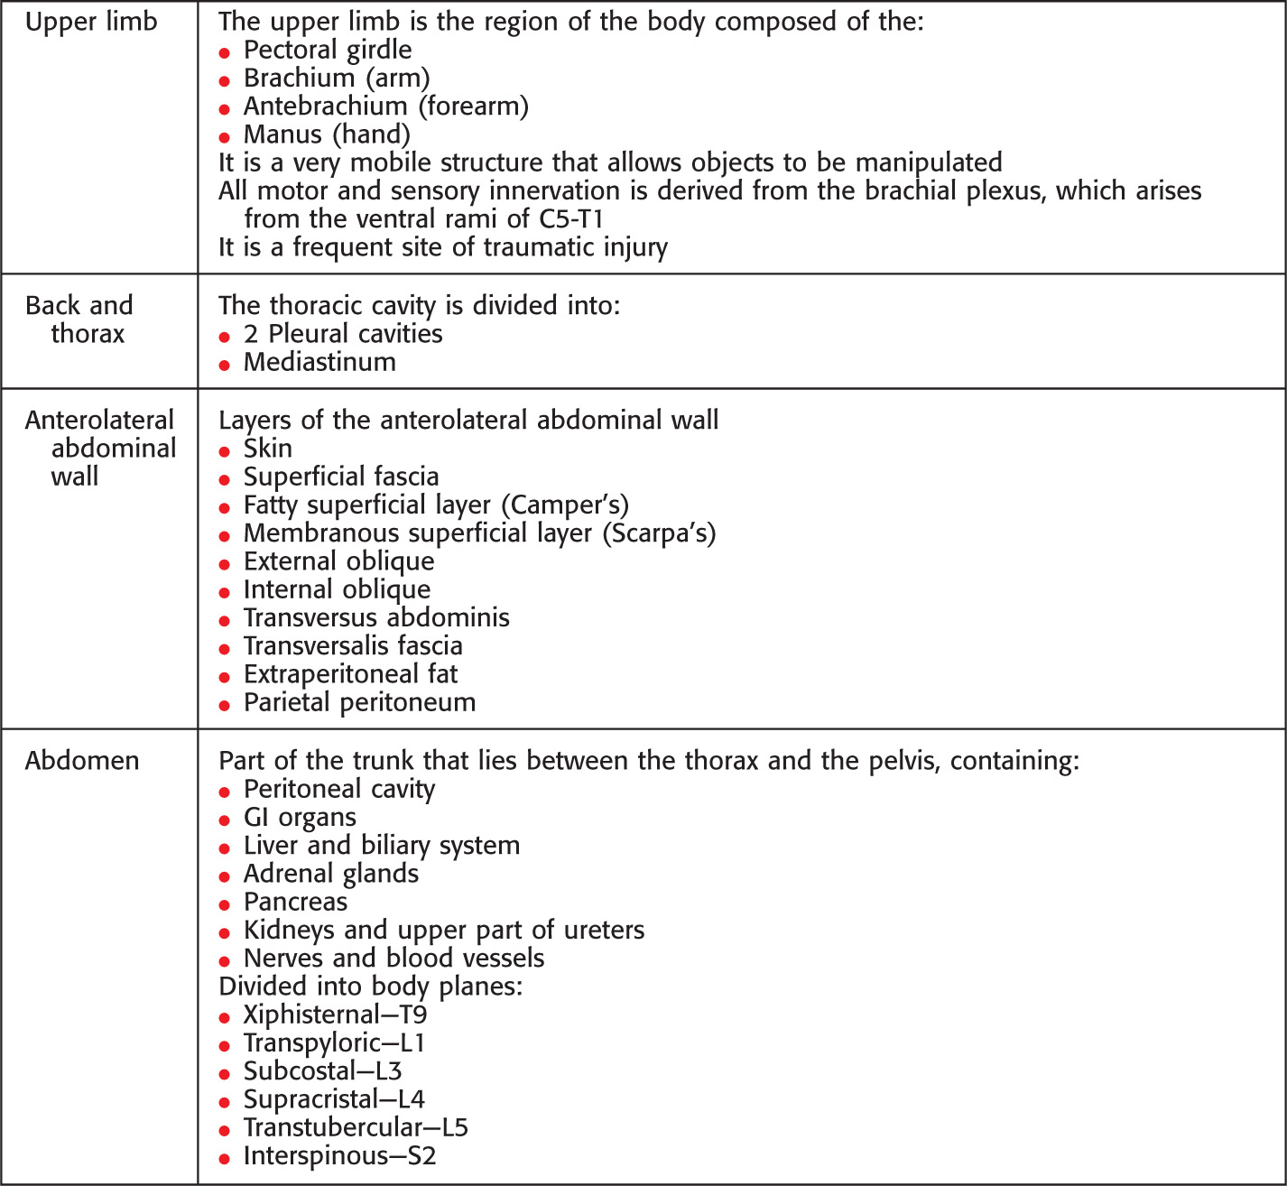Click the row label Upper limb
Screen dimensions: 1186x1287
point(91,23)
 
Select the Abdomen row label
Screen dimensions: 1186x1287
point(82,761)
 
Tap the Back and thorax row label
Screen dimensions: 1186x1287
point(79,320)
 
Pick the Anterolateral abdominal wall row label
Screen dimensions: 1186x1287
point(100,448)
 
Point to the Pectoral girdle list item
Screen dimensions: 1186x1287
point(328,51)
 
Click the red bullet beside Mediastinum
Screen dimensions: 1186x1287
point(225,365)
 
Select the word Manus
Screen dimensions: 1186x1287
point(282,135)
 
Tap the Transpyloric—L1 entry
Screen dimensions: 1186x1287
point(334,1043)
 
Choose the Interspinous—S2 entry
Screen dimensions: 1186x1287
point(339,1156)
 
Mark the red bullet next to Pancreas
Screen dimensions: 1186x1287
point(225,904)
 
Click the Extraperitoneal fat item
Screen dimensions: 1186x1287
point(350,674)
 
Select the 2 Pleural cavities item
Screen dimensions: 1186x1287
point(343,334)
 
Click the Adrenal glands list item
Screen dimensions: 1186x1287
point(331,874)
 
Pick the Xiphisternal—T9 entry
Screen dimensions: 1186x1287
point(335,1015)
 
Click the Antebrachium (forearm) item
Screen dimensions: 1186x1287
point(385,107)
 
